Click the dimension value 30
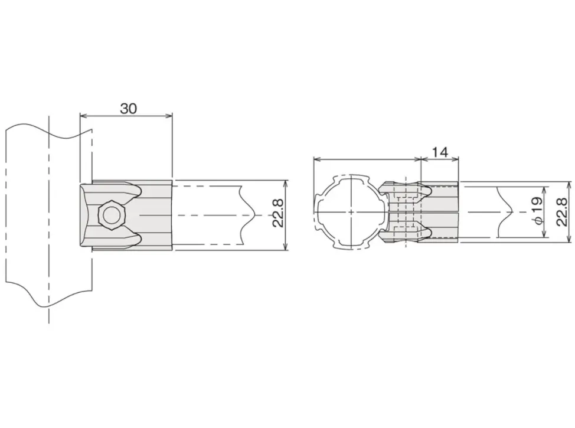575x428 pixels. tap(128, 109)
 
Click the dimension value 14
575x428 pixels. tap(440, 152)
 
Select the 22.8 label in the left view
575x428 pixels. tap(278, 213)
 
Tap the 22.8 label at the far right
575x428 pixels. tap(561, 211)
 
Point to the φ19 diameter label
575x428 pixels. tap(538, 211)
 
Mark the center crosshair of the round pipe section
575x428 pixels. tap(351, 212)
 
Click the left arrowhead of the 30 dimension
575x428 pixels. tap(83, 116)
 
